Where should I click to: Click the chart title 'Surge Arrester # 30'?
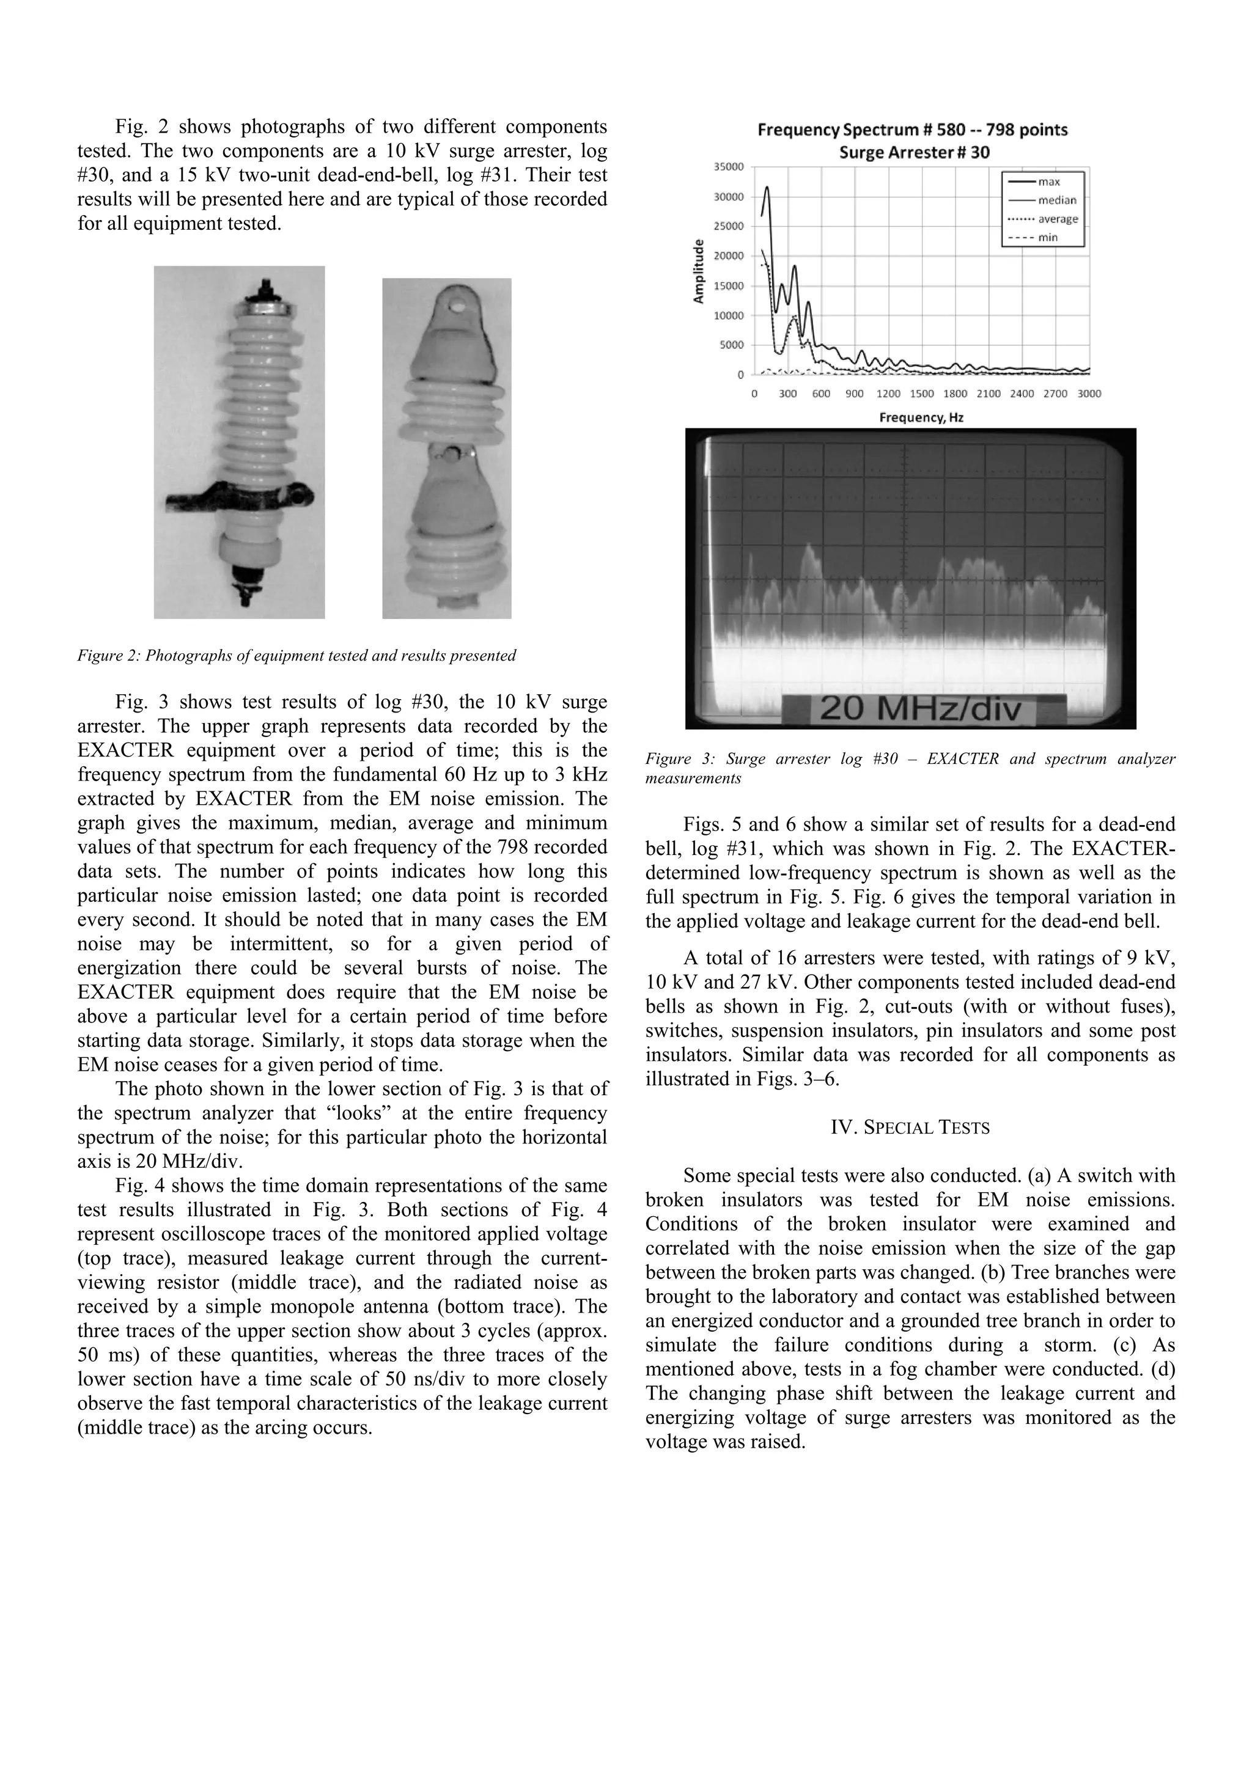pos(913,152)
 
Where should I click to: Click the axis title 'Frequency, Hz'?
pos(921,417)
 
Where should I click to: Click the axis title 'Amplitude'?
pos(699,271)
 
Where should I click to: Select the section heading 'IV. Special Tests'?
pos(910,1127)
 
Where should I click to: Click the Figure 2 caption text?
pos(296,656)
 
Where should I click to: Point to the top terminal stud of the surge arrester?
pos(265,288)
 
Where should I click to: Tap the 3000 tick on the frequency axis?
pos(1089,394)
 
